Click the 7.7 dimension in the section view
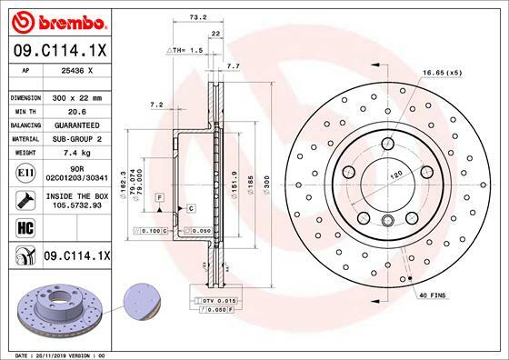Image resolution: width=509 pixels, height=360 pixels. (233, 66)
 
